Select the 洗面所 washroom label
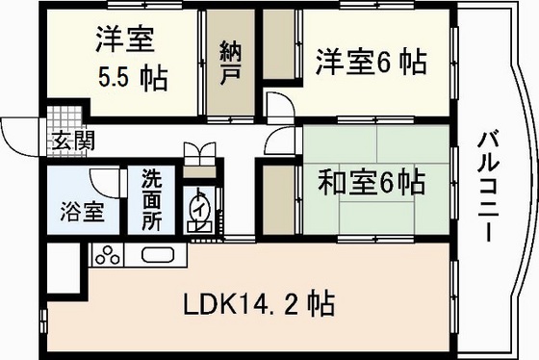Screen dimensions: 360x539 coord(153,199)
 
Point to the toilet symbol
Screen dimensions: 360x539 coord(202,211)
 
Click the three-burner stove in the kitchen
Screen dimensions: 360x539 coord(108,257)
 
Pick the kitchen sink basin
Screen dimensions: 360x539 coord(159,257)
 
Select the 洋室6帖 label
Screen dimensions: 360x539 coord(372,63)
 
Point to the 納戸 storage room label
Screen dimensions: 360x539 coord(230,60)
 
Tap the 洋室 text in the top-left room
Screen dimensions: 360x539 coord(125,40)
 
